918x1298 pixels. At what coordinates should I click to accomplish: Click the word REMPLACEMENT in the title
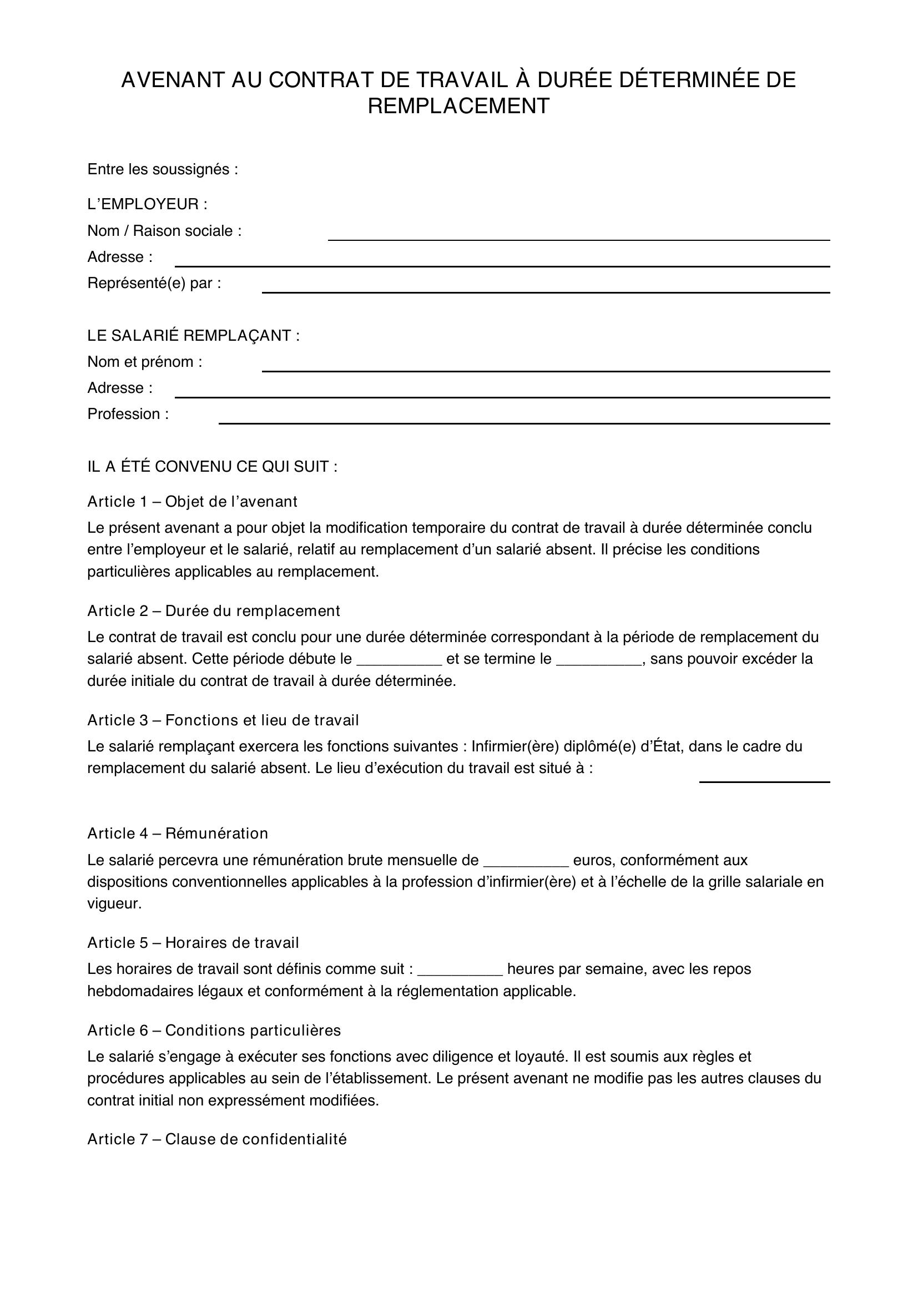pyautogui.click(x=458, y=106)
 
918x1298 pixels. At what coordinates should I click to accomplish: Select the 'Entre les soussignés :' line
pyautogui.click(x=163, y=169)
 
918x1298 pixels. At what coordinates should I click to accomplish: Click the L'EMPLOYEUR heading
pyautogui.click(x=147, y=204)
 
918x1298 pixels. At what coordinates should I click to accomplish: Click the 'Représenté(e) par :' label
pyautogui.click(x=154, y=282)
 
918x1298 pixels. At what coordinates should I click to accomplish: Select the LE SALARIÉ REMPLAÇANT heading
pyautogui.click(x=193, y=335)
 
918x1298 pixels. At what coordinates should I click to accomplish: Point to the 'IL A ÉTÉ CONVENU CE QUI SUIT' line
pyautogui.click(x=212, y=466)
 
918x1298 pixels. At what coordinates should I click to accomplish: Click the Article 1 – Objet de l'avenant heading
pyautogui.click(x=192, y=502)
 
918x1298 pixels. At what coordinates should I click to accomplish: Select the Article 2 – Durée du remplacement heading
pyautogui.click(x=214, y=610)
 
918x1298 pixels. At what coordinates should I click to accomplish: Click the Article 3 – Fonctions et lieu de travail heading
pyautogui.click(x=223, y=720)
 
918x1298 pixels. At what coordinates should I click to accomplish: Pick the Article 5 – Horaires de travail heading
pyautogui.click(x=193, y=942)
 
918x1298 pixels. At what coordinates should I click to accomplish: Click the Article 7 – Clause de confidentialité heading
pyautogui.click(x=216, y=1139)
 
